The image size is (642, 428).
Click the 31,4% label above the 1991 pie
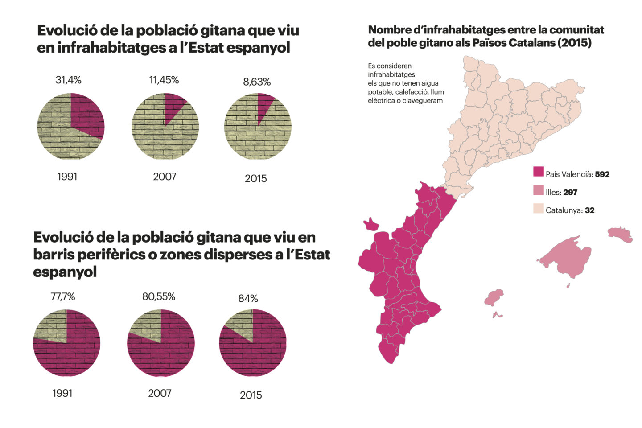68,80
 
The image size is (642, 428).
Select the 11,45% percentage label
164,80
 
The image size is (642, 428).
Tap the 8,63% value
257,82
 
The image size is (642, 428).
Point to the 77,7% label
63,296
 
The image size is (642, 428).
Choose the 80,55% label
159,296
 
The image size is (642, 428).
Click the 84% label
248,299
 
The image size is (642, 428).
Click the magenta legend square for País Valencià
539,172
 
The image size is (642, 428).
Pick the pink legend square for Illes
539,190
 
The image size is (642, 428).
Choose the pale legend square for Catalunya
539,208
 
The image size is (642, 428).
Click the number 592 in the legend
602,174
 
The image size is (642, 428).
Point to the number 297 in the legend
570,193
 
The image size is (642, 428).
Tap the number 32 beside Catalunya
589,210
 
